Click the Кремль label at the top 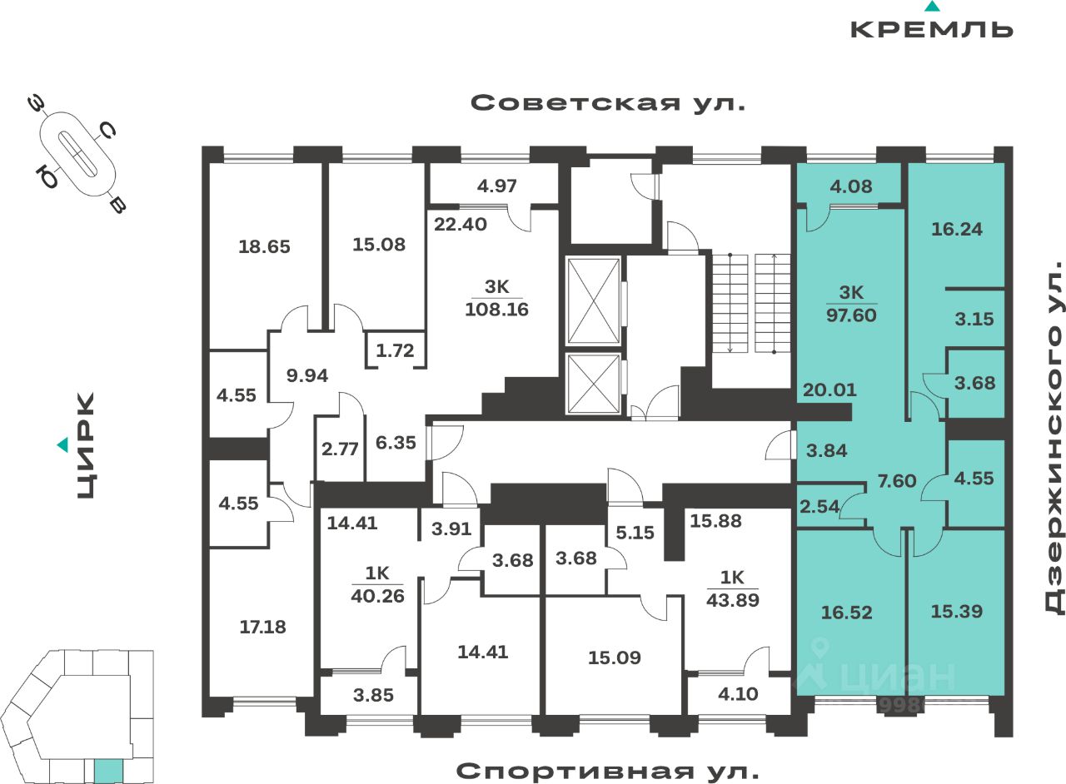pyautogui.click(x=931, y=28)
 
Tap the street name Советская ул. pyautogui.click(x=607, y=103)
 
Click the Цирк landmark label pyautogui.click(x=85, y=446)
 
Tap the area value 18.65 pyautogui.click(x=264, y=246)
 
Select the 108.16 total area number pyautogui.click(x=498, y=310)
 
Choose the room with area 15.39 pyautogui.click(x=955, y=611)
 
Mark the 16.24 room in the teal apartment pyautogui.click(x=956, y=229)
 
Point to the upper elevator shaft pyautogui.click(x=593, y=300)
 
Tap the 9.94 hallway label pyautogui.click(x=306, y=375)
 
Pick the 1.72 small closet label pyautogui.click(x=395, y=350)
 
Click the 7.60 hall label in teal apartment pyautogui.click(x=896, y=480)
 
